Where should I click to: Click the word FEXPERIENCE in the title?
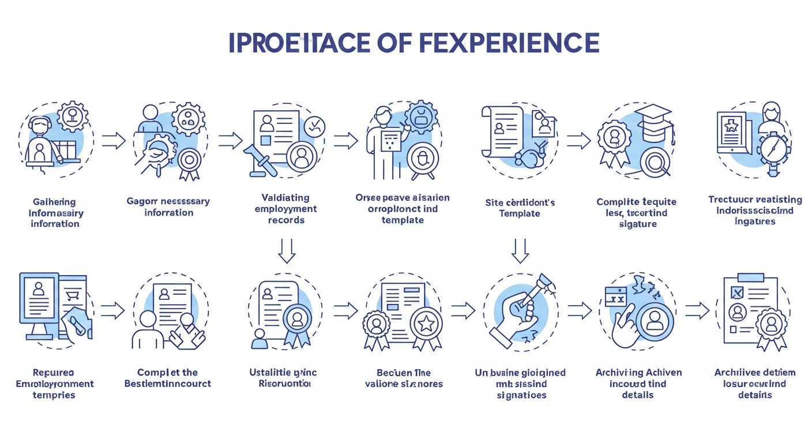[508, 43]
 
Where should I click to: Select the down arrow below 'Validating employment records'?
[287, 250]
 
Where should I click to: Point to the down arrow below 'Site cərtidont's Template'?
[520, 250]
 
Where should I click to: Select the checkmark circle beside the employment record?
[314, 126]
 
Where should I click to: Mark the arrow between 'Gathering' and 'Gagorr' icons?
[113, 140]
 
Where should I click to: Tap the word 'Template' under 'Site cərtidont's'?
[520, 213]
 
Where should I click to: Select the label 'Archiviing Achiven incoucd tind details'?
[638, 384]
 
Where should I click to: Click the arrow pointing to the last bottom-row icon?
[697, 310]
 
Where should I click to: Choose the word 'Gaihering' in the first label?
[54, 202]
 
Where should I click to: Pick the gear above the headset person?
[73, 117]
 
